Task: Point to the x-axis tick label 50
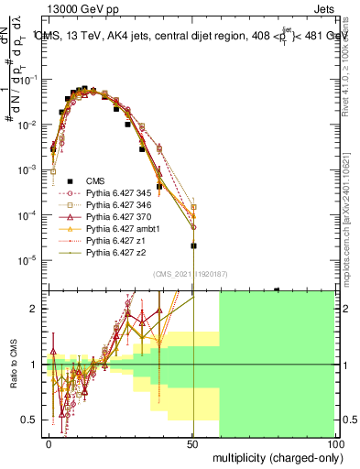192,442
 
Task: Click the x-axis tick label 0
49,442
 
